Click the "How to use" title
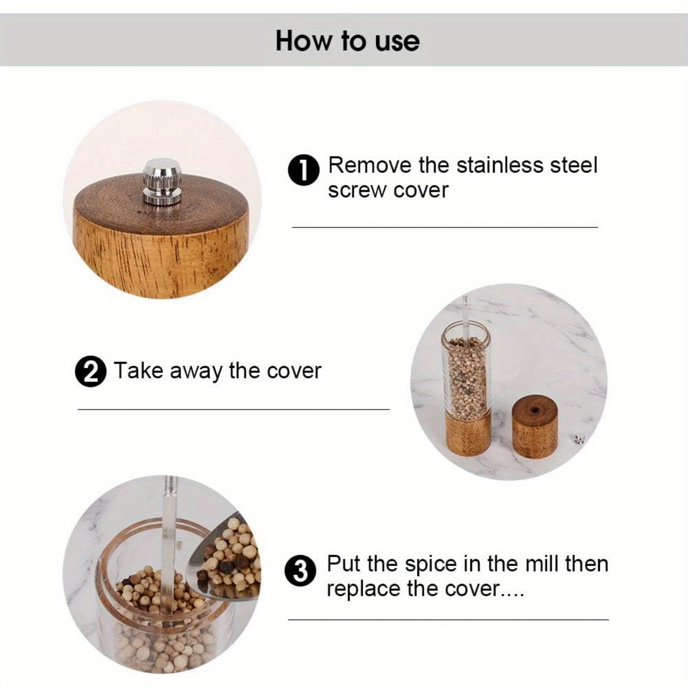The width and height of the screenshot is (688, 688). coord(347,41)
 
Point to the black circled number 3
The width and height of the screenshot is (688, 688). coord(300,571)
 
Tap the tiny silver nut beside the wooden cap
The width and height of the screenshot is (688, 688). coord(578,439)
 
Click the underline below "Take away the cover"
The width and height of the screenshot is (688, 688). coord(233,409)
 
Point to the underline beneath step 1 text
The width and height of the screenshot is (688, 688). coord(444,228)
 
